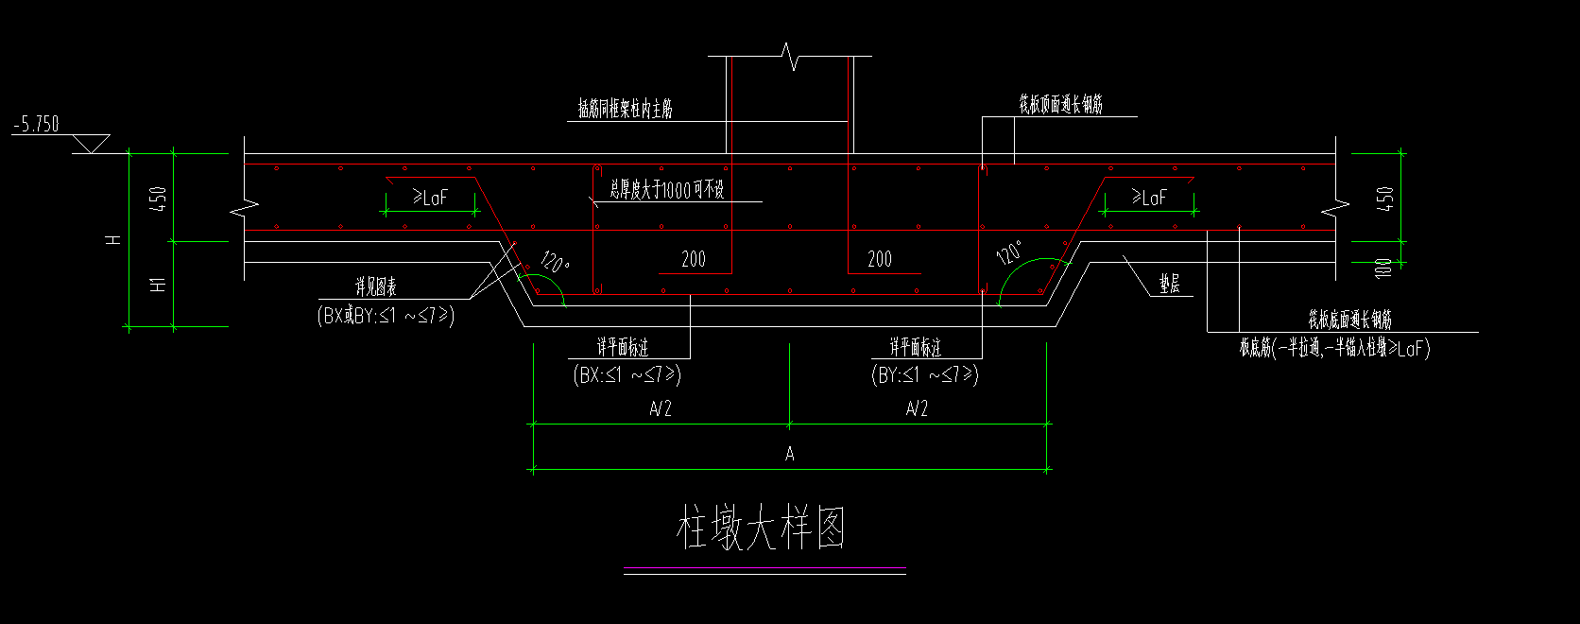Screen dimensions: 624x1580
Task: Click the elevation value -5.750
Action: tap(36, 124)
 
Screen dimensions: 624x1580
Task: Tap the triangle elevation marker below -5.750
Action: tap(91, 144)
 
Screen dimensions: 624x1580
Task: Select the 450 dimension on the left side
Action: tap(158, 199)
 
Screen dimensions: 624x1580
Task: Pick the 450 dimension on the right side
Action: tap(1384, 199)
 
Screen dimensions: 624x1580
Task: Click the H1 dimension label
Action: tap(158, 282)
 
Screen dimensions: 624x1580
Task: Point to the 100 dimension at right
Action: tap(1384, 269)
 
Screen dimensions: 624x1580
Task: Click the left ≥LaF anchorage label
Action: tap(430, 197)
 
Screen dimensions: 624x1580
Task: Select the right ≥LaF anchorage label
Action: tap(1150, 197)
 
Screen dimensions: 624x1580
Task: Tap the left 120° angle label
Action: tap(555, 260)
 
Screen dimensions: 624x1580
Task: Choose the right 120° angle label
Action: tap(1008, 252)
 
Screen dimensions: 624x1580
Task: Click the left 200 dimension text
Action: tap(694, 259)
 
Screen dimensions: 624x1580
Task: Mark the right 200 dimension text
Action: tap(880, 259)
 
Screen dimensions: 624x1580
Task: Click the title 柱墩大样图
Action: tap(761, 528)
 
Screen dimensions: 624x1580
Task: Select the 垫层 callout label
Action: tap(1170, 284)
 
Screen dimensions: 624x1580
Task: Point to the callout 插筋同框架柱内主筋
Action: tap(626, 110)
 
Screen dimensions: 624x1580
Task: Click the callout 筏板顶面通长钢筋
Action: tap(1060, 104)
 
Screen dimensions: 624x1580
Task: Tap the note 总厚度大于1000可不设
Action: tap(667, 190)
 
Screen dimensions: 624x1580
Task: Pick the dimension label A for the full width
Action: tap(790, 455)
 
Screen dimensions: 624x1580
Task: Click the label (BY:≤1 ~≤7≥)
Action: tap(925, 374)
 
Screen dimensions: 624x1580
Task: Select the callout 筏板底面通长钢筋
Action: tap(1349, 320)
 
